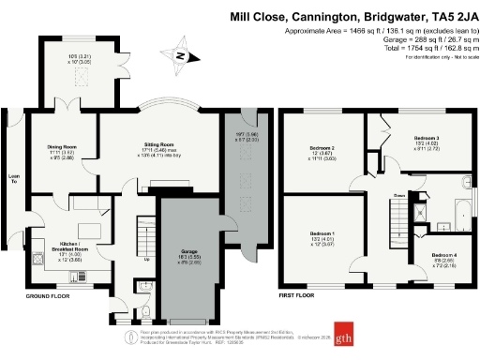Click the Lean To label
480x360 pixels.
13,177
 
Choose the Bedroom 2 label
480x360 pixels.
322,148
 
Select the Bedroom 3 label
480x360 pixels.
426,138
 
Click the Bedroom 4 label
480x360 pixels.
444,255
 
